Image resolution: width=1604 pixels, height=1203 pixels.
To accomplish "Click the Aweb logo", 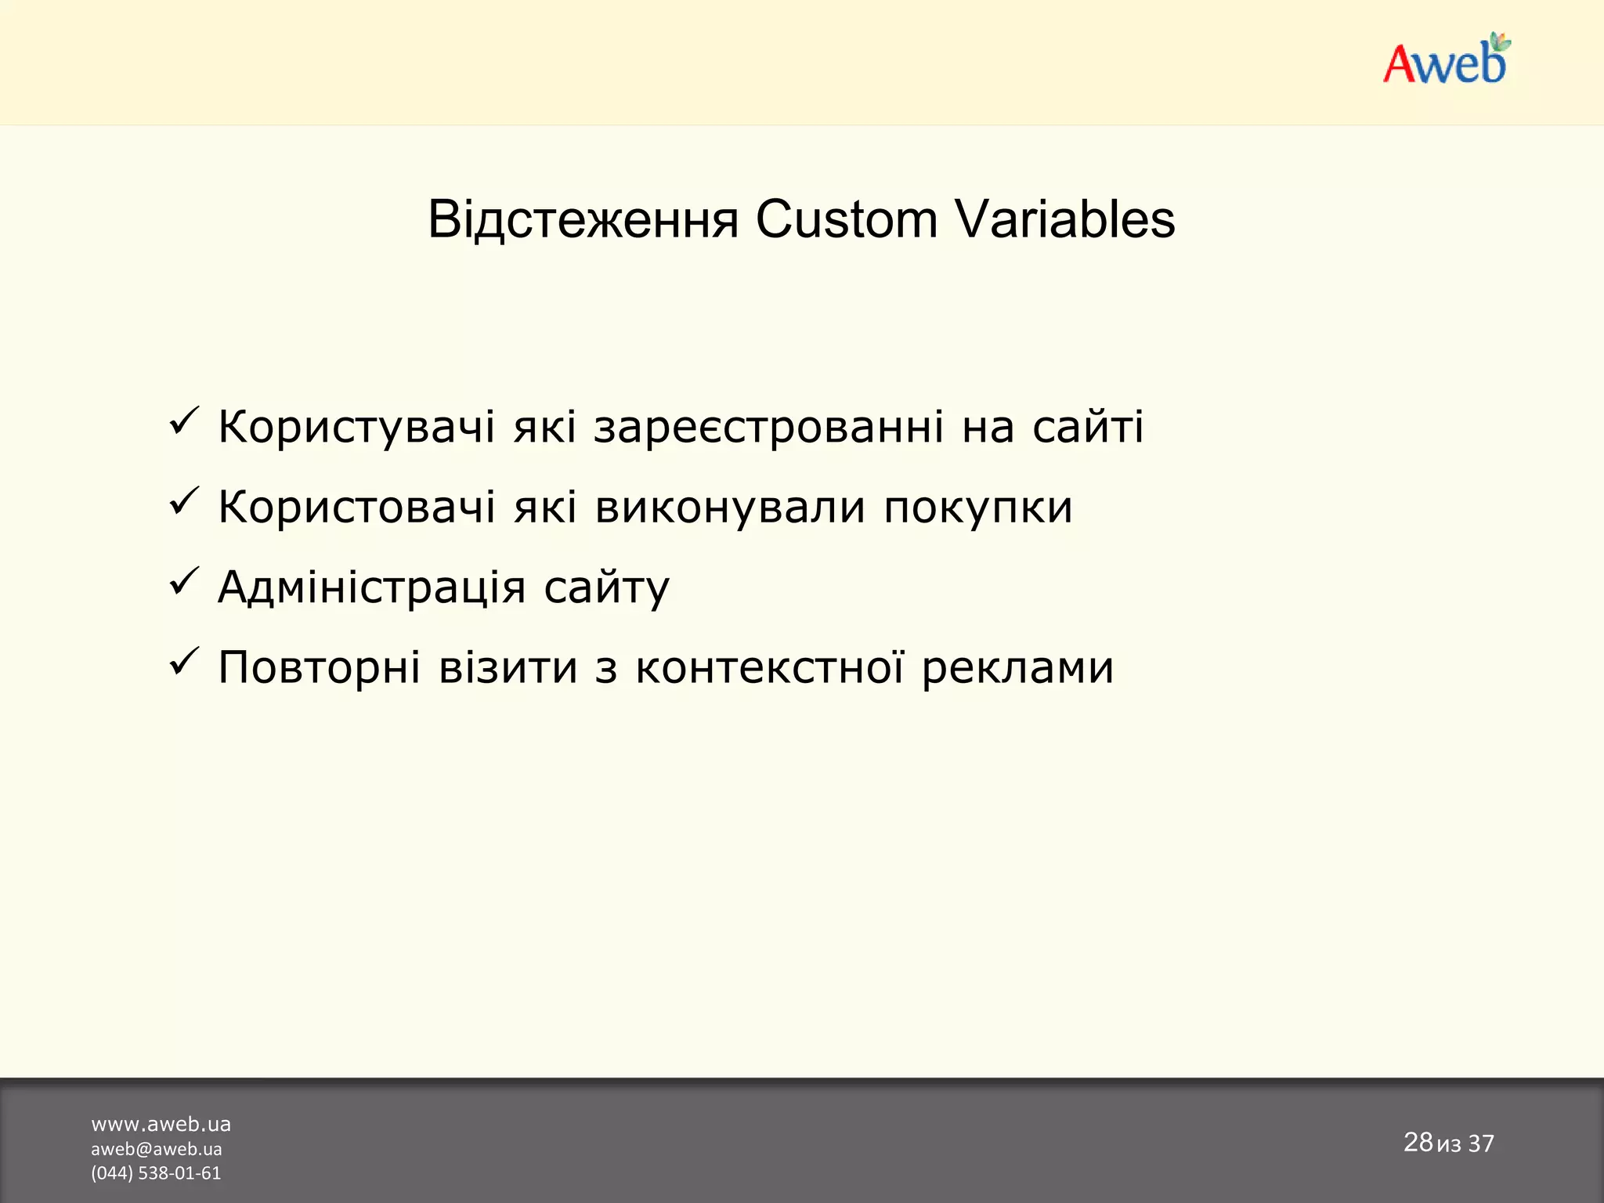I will coord(1446,61).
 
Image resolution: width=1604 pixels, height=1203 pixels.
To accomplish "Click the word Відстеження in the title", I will coord(583,219).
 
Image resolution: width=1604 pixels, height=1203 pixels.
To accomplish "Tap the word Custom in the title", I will coord(846,219).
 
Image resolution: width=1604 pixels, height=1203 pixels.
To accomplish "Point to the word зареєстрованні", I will coord(768,428).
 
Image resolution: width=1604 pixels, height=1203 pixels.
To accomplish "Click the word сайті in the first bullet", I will coord(1087,428).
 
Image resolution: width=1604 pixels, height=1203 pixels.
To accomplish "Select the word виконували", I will coord(730,508).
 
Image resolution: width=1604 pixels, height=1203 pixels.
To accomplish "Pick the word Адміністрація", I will coord(371,587).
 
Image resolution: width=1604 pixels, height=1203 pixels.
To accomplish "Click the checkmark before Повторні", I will coord(184,663).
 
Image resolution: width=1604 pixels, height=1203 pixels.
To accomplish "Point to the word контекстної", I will coord(769,668).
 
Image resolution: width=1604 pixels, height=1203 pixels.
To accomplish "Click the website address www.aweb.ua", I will coord(161,1124).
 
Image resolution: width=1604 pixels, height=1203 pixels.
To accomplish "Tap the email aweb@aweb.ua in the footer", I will coord(156,1149).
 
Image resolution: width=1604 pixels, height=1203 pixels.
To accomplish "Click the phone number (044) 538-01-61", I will coord(156,1173).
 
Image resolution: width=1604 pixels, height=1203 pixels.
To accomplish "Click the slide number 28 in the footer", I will coord(1417,1142).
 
